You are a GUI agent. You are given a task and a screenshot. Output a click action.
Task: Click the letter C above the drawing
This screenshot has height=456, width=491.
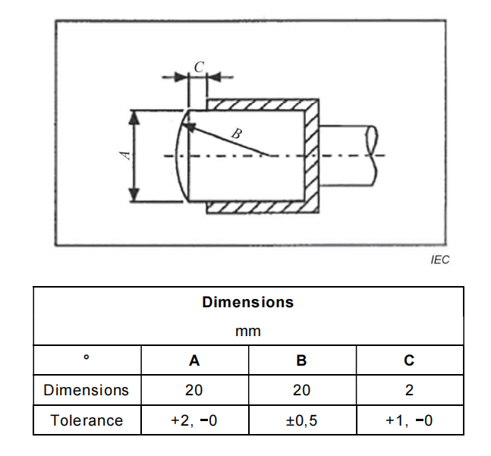198,67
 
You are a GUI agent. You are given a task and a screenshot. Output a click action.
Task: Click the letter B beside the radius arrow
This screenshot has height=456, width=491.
236,134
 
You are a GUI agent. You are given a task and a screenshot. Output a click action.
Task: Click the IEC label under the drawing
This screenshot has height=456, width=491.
439,259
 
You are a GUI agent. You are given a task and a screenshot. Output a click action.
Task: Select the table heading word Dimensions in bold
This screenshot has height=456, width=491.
247,302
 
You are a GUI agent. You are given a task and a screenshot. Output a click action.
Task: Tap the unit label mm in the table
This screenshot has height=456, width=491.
247,332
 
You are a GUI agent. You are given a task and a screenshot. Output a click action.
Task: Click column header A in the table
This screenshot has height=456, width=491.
194,361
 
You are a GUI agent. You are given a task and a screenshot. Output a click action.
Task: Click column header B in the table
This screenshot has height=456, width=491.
301,361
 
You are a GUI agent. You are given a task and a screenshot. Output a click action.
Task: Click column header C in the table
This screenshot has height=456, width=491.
409,361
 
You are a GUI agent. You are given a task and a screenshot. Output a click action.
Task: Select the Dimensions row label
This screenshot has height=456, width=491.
87,391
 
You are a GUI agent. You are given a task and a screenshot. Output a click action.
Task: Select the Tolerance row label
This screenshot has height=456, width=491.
87,420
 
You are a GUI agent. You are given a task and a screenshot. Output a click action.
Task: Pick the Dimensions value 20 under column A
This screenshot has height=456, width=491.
194,391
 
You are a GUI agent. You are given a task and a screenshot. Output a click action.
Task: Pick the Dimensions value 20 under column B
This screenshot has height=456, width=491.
301,391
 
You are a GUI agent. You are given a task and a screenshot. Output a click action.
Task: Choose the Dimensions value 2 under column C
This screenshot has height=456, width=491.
409,391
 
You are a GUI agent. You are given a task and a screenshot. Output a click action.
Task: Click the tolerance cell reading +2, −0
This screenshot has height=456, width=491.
194,420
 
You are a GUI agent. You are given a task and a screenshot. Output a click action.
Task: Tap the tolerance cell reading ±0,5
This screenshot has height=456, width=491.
301,420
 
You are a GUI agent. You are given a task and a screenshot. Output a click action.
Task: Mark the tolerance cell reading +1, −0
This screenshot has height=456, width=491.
409,420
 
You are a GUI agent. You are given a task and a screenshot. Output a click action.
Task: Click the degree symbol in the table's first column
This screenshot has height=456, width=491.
87,357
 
